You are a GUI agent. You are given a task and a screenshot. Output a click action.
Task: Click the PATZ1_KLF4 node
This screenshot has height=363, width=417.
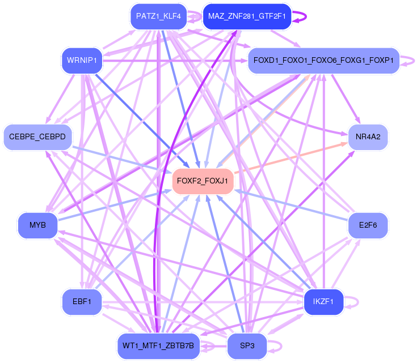pos(158,16)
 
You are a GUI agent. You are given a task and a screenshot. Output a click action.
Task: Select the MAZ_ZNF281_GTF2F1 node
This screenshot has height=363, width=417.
pos(247,16)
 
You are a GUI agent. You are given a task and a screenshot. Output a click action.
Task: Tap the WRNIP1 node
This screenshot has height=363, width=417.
pos(82,60)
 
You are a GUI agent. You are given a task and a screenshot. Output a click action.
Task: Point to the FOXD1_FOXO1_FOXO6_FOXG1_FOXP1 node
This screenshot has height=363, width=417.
pos(323,60)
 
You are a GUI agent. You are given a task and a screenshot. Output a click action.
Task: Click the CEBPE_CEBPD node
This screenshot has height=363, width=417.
pos(37,137)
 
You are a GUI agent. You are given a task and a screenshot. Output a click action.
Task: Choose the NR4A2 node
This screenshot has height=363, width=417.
pos(368,137)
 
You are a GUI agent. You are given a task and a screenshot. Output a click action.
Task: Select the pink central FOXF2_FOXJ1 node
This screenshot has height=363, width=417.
pos(203,181)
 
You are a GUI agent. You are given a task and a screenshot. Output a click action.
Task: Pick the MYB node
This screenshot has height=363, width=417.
pos(37,225)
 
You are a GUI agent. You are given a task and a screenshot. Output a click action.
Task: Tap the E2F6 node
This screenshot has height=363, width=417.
pos(368,225)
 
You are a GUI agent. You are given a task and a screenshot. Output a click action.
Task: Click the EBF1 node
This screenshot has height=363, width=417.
pos(82,302)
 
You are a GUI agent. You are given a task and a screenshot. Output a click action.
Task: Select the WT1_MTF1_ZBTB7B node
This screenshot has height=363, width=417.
pos(158,345)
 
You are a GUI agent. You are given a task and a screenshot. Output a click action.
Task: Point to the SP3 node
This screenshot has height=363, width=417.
pos(247,345)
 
